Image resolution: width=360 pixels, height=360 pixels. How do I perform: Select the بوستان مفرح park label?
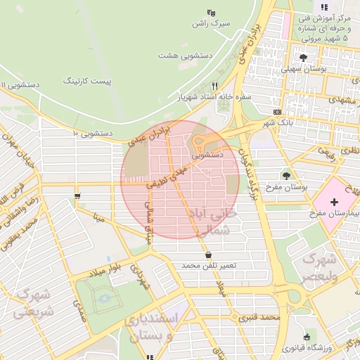tap(288, 188)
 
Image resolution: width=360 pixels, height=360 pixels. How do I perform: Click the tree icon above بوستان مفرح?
tap(286, 175)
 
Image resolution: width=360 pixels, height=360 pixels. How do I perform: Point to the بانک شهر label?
tap(276, 123)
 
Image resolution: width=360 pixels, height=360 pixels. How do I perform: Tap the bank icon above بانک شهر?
tap(277, 112)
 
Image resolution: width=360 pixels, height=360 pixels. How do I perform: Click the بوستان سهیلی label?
tap(302, 70)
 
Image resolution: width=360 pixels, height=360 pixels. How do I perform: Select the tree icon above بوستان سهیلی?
tap(303, 58)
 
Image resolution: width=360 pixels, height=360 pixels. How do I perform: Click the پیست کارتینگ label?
tap(88, 82)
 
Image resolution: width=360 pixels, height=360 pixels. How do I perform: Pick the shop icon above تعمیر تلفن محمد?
tap(207, 255)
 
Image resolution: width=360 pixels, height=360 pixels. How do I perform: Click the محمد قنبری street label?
tap(259, 318)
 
